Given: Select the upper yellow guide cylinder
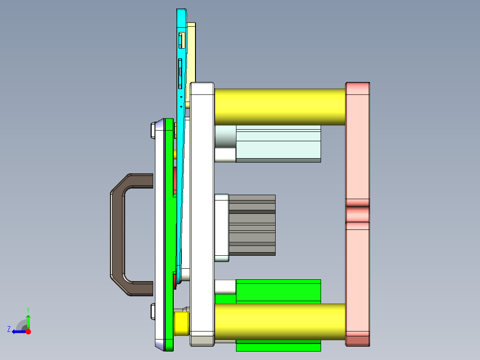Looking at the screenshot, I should click(280, 107).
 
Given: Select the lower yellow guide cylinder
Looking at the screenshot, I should click(280, 322).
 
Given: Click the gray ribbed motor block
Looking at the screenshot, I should click(252, 225).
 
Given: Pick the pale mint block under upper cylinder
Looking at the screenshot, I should click(278, 143).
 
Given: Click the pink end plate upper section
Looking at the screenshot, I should click(358, 143).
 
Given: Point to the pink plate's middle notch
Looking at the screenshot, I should click(358, 214).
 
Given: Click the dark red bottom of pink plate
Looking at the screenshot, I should click(358, 341).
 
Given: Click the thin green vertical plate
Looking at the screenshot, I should click(169, 232).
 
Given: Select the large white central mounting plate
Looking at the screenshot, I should click(202, 214).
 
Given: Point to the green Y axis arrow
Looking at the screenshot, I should click(28, 320).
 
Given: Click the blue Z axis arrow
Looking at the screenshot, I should click(18, 331).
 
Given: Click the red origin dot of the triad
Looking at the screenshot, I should click(28, 331).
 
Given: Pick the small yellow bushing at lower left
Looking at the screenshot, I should click(181, 323).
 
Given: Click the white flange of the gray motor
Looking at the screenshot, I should click(222, 227).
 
